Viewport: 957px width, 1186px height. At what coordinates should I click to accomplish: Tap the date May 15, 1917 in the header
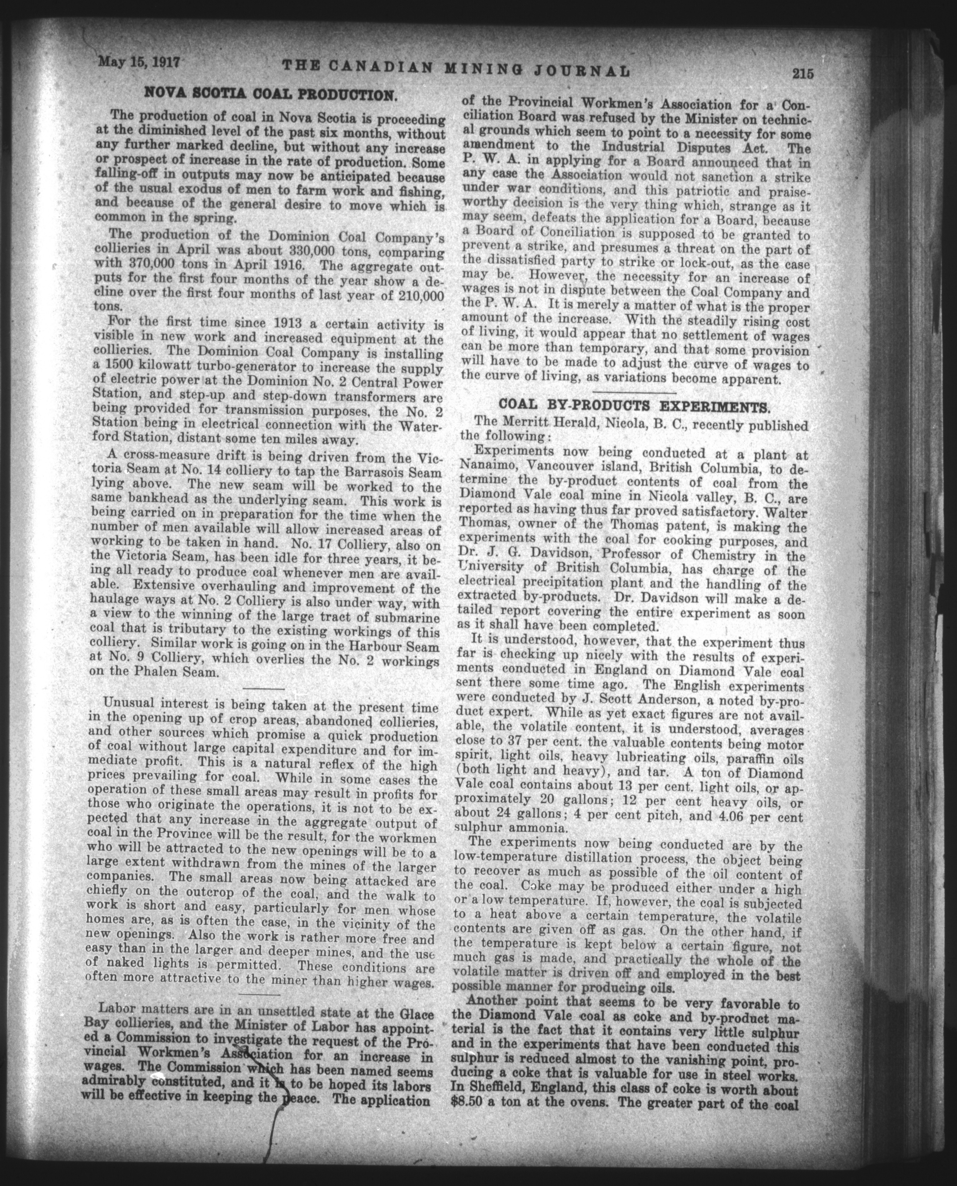(x=140, y=61)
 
